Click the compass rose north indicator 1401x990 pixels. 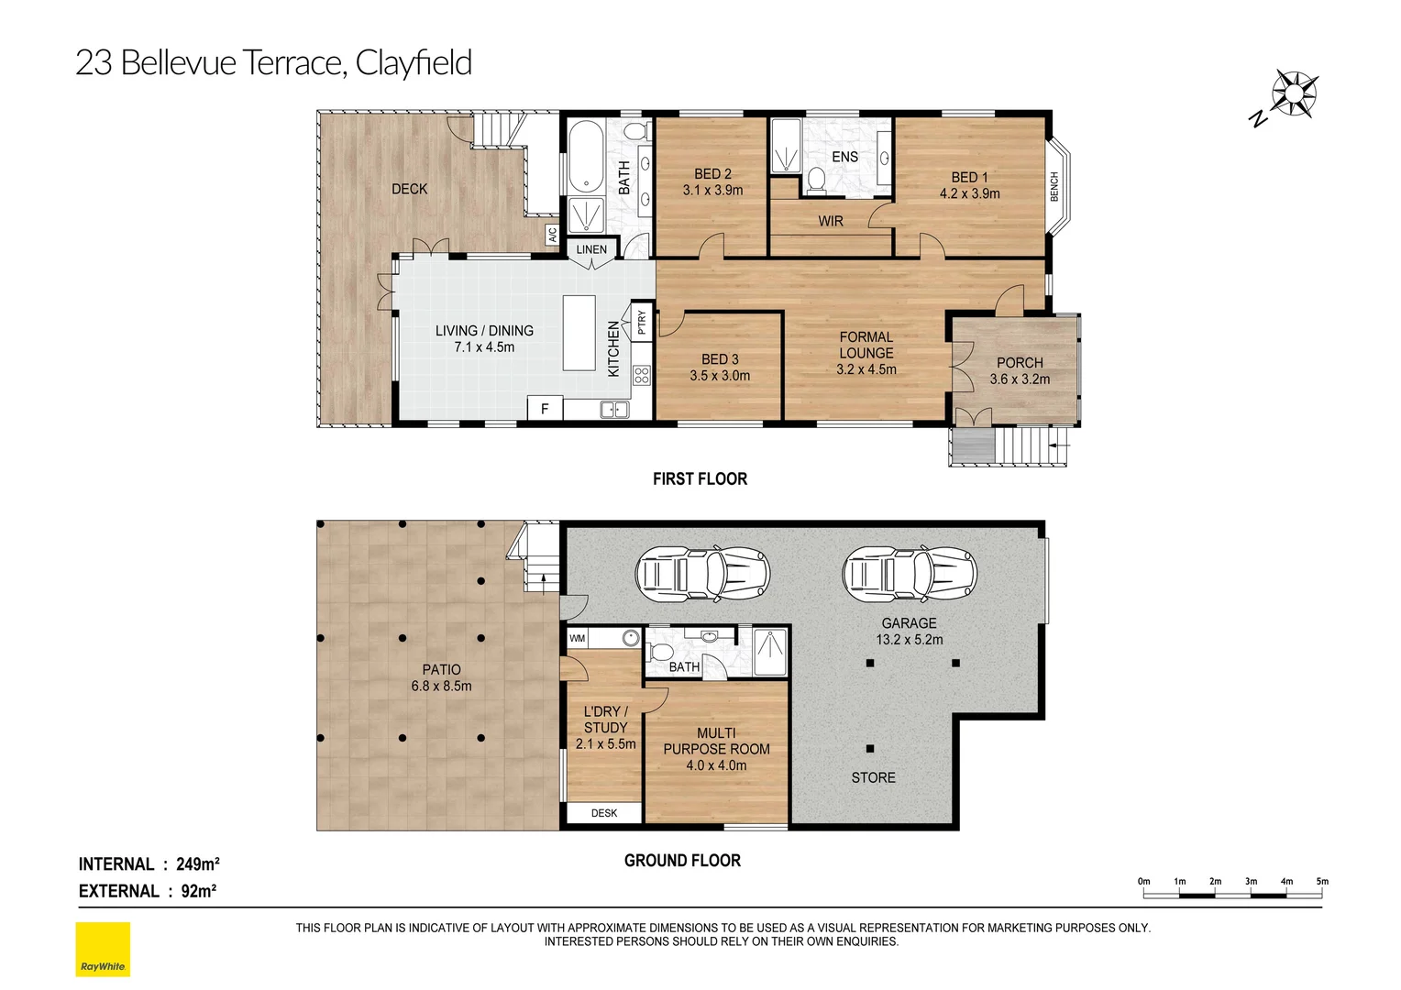(x=1292, y=94)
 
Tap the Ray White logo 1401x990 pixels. (x=103, y=950)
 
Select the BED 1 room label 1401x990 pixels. (x=969, y=177)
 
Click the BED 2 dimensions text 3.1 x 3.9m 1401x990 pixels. (x=712, y=191)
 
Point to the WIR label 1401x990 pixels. (x=830, y=221)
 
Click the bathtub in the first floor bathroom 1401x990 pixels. (x=584, y=157)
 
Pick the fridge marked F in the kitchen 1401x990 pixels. (x=545, y=409)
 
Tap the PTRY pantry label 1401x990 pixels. (x=642, y=322)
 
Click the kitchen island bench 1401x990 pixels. (x=579, y=332)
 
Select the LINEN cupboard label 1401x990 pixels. (x=591, y=249)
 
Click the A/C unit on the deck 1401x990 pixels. (x=552, y=236)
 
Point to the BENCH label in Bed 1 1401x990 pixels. (x=1054, y=187)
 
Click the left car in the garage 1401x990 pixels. (x=702, y=575)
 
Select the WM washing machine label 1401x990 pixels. (x=578, y=638)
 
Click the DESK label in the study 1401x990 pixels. (x=604, y=813)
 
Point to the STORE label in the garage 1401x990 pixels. (x=873, y=777)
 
